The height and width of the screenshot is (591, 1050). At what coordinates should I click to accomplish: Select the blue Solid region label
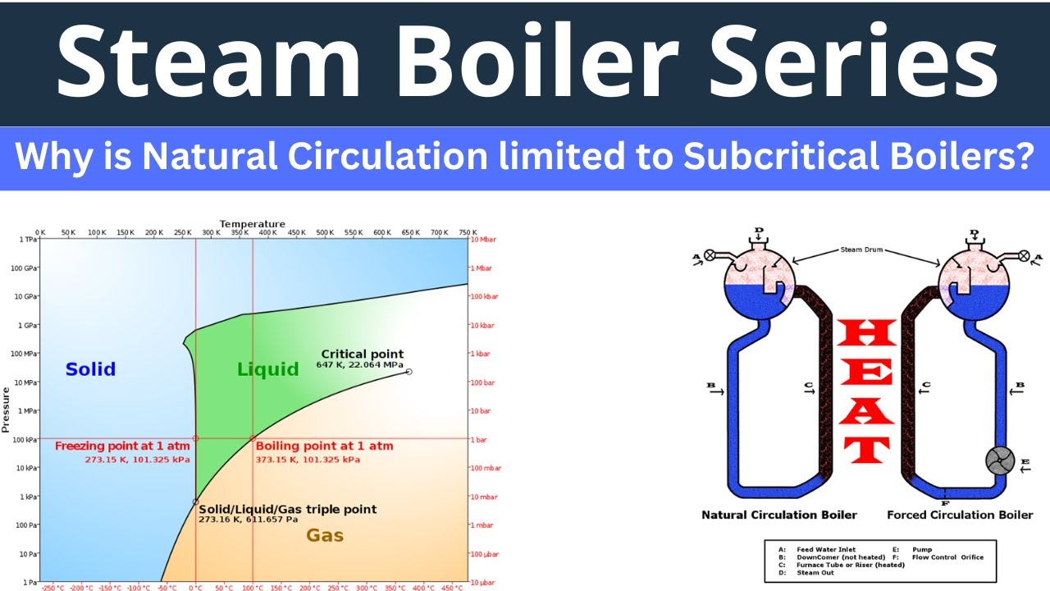click(90, 369)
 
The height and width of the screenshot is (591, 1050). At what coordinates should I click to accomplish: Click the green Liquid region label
click(267, 369)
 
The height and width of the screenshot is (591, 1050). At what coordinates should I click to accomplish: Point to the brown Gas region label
click(325, 536)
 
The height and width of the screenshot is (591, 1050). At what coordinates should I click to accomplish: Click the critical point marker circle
click(409, 372)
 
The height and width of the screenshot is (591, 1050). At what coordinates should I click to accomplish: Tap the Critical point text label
click(362, 355)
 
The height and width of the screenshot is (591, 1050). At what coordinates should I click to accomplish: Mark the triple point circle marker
click(195, 502)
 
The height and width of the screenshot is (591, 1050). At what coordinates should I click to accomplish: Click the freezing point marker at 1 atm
click(195, 438)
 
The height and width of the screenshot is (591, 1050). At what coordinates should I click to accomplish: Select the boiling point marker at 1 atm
click(253, 438)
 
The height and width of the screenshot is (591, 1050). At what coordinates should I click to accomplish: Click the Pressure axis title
click(6, 405)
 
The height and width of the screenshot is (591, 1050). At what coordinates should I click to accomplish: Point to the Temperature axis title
click(252, 224)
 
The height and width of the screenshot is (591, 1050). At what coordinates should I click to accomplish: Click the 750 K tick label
click(468, 233)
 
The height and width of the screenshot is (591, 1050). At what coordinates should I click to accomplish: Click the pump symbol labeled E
click(1000, 460)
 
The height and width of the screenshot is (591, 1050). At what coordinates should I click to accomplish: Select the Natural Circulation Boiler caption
click(778, 515)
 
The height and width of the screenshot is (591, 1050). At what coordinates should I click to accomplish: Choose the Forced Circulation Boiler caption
click(960, 515)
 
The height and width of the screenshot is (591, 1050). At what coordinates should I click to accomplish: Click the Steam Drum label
click(861, 250)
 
